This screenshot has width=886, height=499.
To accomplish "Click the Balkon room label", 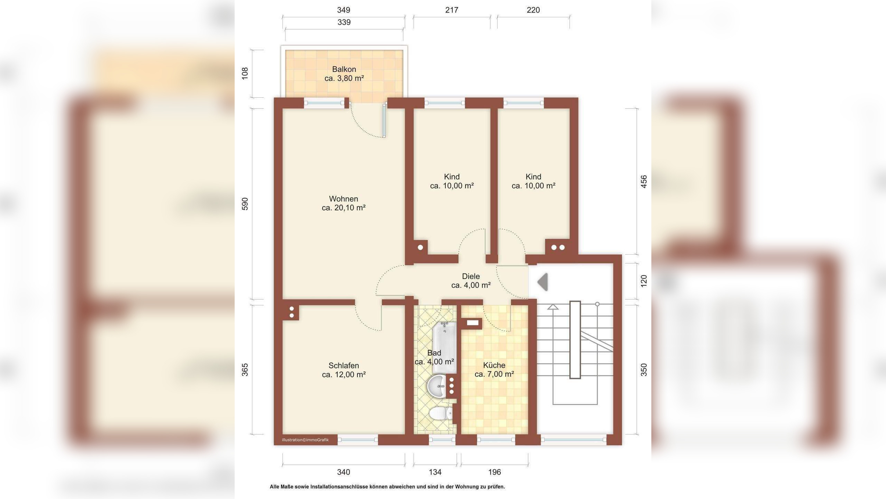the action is [344, 69].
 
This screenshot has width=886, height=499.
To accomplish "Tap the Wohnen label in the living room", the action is [344, 199].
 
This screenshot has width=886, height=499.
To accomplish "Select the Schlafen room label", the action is [344, 366].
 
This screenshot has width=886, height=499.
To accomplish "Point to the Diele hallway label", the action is [471, 277].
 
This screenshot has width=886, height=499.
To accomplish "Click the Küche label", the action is [494, 365].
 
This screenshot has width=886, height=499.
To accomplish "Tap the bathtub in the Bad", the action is [444, 348].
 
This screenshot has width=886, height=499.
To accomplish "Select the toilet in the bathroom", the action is [441, 413].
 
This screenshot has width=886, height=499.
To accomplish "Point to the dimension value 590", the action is [245, 204].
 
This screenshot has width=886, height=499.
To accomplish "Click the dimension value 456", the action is [644, 182].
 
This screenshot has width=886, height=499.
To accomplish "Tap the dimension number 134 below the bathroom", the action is [435, 472].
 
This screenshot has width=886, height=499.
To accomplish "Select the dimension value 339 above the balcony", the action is [344, 22].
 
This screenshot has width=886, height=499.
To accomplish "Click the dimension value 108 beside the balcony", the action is [245, 73].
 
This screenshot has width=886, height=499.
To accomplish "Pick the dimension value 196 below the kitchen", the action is [495, 472].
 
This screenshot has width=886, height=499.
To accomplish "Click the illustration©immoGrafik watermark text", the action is [305, 440].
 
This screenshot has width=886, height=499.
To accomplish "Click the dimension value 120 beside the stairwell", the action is [644, 281].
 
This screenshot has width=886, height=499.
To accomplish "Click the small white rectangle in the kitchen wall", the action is [473, 323].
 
